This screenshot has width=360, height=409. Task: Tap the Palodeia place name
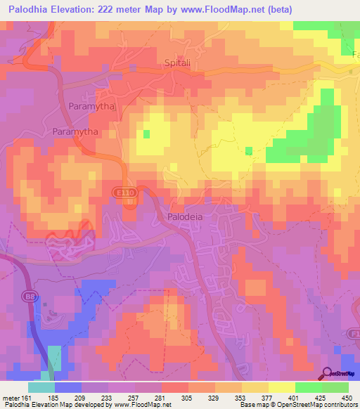(x=185, y=217)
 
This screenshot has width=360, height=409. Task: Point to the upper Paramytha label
(x=89, y=106)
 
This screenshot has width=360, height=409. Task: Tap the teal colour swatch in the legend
(x=41, y=387)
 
